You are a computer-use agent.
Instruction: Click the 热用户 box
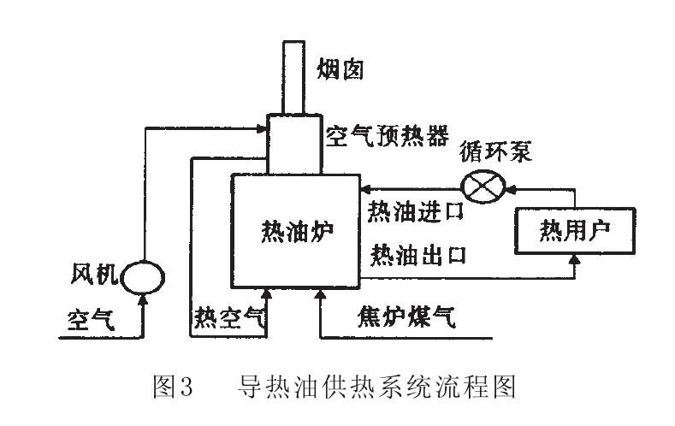point(574,230)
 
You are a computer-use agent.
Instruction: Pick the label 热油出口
point(417,254)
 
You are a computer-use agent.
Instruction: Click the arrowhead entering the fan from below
point(143,299)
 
